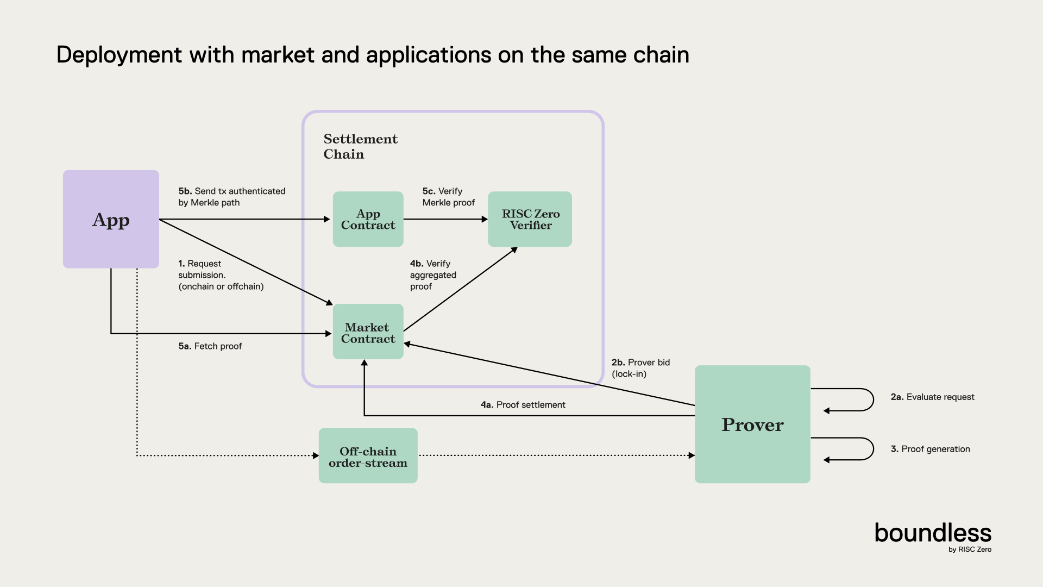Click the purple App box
pos(111,220)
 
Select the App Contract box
pos(368,220)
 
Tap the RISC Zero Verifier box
pos(530,220)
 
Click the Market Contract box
pos(368,332)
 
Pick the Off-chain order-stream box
pos(368,456)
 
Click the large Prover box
pos(752,424)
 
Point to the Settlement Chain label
pos(360,146)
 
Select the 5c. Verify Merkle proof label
pos(449,197)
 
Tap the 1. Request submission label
pos(221,275)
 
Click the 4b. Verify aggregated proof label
pos(433,275)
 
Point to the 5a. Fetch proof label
pos(210,346)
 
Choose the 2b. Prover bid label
pos(640,368)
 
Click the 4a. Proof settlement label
pos(523,405)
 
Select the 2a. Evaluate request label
pos(932,397)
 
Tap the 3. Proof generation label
pos(930,449)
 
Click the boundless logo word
pos(933,533)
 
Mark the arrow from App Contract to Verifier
pos(445,220)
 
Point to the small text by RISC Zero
pos(970,549)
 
